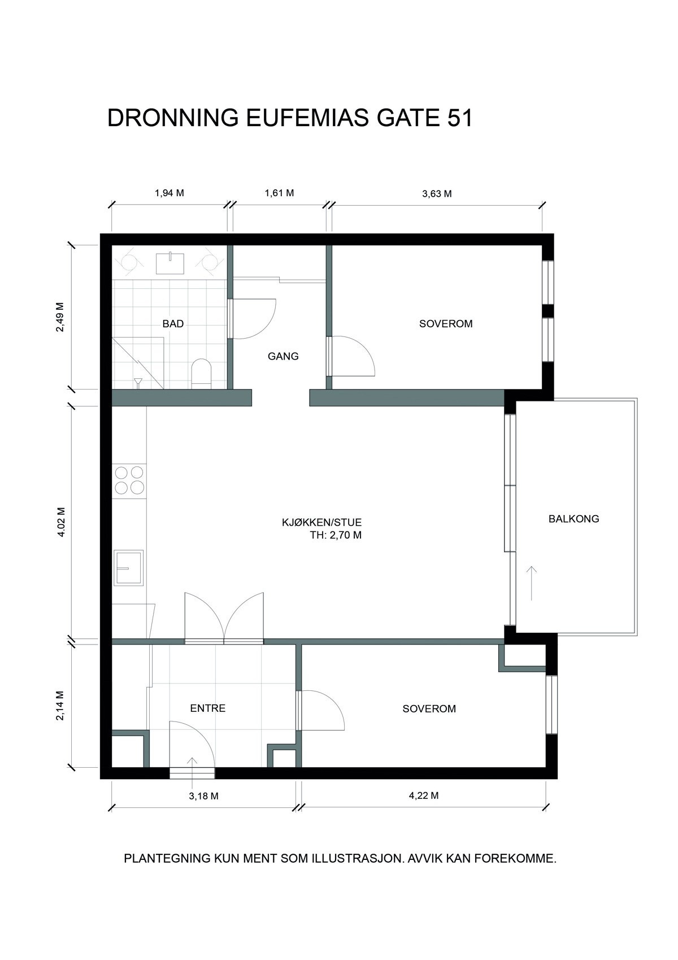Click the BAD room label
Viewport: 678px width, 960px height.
[x=173, y=324]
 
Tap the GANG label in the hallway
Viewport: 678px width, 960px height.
[x=283, y=356]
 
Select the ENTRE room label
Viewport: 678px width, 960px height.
[x=208, y=708]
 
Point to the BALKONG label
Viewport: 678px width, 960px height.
[x=574, y=519]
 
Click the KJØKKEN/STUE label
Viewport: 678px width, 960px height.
[x=321, y=522]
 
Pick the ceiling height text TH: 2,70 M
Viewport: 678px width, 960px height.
[x=336, y=535]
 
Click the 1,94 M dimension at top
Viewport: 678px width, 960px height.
[x=169, y=193]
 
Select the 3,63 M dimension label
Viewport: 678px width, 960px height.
[x=437, y=194]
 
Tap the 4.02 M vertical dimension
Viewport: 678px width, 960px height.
[x=61, y=522]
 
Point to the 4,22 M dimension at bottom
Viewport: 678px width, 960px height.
[x=424, y=796]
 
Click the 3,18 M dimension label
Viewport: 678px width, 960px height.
[x=203, y=796]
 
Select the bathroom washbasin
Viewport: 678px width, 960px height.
[x=169, y=263]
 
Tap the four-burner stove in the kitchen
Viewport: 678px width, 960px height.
[x=129, y=480]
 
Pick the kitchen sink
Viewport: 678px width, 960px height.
[x=128, y=568]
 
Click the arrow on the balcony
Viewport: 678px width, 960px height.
[x=532, y=583]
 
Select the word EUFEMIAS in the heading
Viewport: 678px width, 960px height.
[x=307, y=118]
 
